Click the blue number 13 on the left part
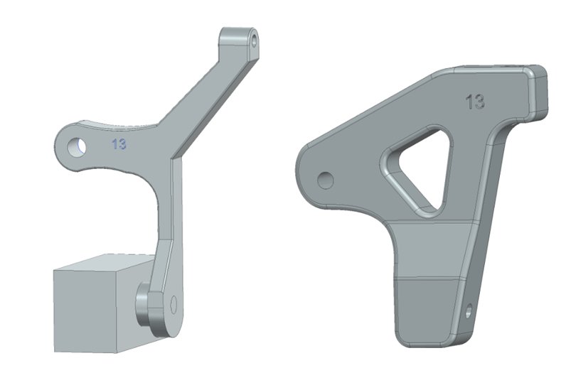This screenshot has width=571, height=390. (x=119, y=144)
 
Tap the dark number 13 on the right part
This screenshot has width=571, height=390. (x=475, y=102)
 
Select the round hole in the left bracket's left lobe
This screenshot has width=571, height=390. (x=77, y=147)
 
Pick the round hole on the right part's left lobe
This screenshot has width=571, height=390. (x=325, y=180)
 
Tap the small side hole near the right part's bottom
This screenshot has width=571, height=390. (x=469, y=310)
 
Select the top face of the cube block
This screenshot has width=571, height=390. (x=107, y=262)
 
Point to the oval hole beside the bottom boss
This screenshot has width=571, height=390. (x=174, y=305)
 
